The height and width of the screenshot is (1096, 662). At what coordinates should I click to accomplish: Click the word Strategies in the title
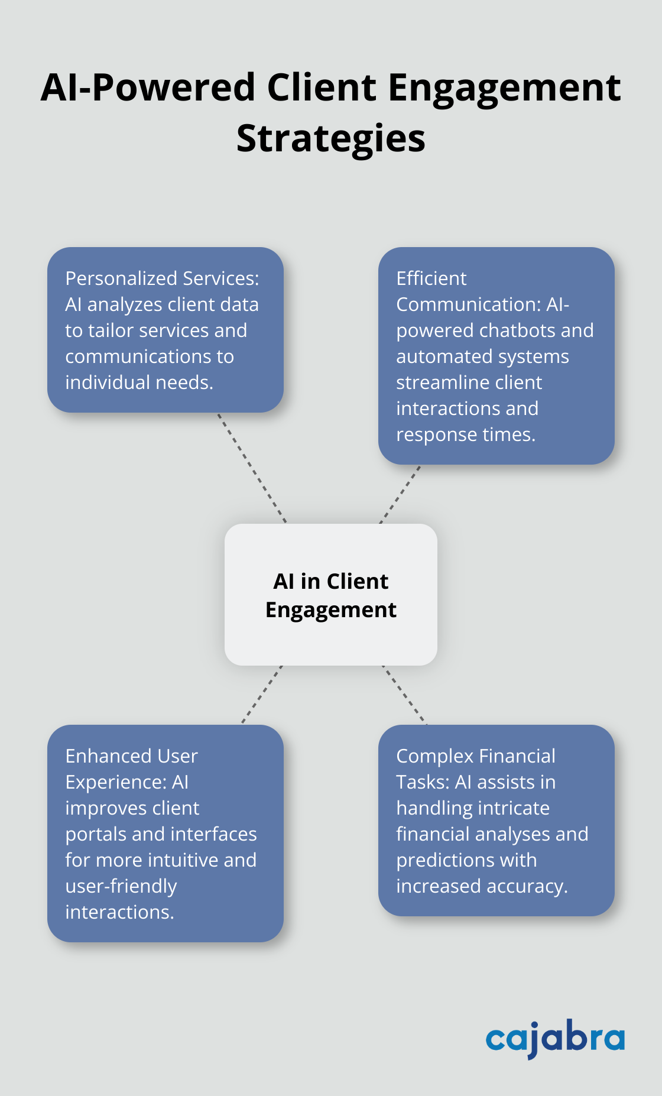pyautogui.click(x=330, y=140)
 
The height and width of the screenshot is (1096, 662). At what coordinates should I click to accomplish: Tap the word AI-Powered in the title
pyautogui.click(x=148, y=88)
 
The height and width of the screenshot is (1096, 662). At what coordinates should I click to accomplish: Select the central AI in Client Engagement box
pyautogui.click(x=330, y=595)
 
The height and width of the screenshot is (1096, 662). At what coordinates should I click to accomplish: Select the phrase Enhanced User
pyautogui.click(x=131, y=756)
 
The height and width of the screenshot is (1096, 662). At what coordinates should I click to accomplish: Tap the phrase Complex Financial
pyautogui.click(x=475, y=756)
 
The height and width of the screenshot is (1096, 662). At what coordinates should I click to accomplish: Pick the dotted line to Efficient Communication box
pyautogui.click(x=400, y=494)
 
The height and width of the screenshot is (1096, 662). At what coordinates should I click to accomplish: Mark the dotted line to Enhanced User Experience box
pyautogui.click(x=262, y=695)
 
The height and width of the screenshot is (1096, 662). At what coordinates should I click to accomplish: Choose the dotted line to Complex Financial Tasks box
pyautogui.click(x=404, y=695)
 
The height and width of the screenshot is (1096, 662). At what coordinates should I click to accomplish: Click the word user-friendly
pyautogui.click(x=121, y=886)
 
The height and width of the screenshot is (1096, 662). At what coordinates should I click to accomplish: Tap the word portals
pyautogui.click(x=96, y=834)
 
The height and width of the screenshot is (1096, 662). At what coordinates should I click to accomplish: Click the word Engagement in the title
pyautogui.click(x=504, y=88)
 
